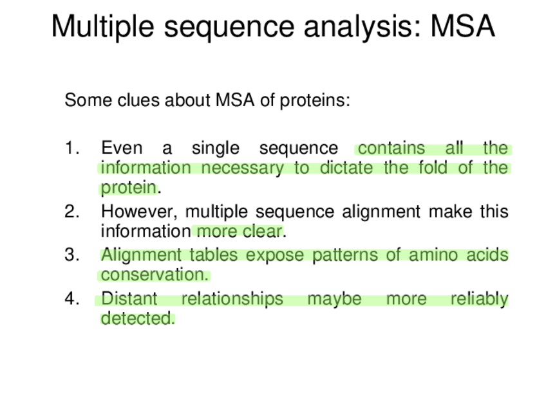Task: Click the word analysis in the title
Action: click(x=362, y=27)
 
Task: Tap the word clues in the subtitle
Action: click(x=139, y=100)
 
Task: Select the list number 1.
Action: click(x=72, y=148)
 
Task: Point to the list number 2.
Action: click(x=72, y=212)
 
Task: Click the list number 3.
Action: click(x=72, y=255)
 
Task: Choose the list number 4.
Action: click(x=72, y=299)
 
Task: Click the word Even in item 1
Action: click(x=122, y=148)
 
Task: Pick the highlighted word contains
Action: click(x=391, y=148)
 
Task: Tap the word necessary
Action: click(x=243, y=168)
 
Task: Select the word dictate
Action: click(x=346, y=168)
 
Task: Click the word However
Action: click(x=139, y=212)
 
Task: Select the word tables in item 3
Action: click(x=214, y=255)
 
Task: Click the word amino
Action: click(x=433, y=255)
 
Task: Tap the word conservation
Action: click(x=155, y=275)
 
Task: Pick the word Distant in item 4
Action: click(x=129, y=299)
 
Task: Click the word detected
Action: click(x=138, y=318)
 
